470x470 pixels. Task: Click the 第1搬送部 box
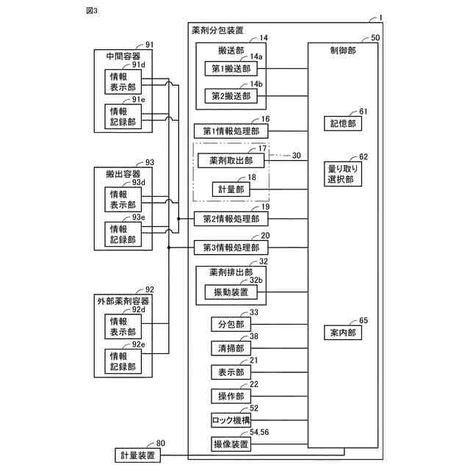click(x=231, y=68)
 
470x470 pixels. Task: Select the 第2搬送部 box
click(x=231, y=96)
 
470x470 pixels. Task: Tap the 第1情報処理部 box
click(x=231, y=131)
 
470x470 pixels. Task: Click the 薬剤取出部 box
click(x=231, y=161)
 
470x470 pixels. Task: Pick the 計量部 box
click(x=231, y=189)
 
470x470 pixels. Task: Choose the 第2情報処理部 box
click(x=231, y=218)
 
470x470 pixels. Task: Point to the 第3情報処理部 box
click(x=231, y=247)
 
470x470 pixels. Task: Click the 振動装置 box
click(x=231, y=292)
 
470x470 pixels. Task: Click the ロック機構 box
click(x=231, y=420)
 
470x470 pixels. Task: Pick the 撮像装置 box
click(x=231, y=444)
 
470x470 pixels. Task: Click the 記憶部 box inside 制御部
click(x=341, y=123)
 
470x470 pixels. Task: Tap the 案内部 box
click(x=341, y=333)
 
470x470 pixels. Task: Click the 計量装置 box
click(x=139, y=456)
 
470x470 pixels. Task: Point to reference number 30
click(x=297, y=156)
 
